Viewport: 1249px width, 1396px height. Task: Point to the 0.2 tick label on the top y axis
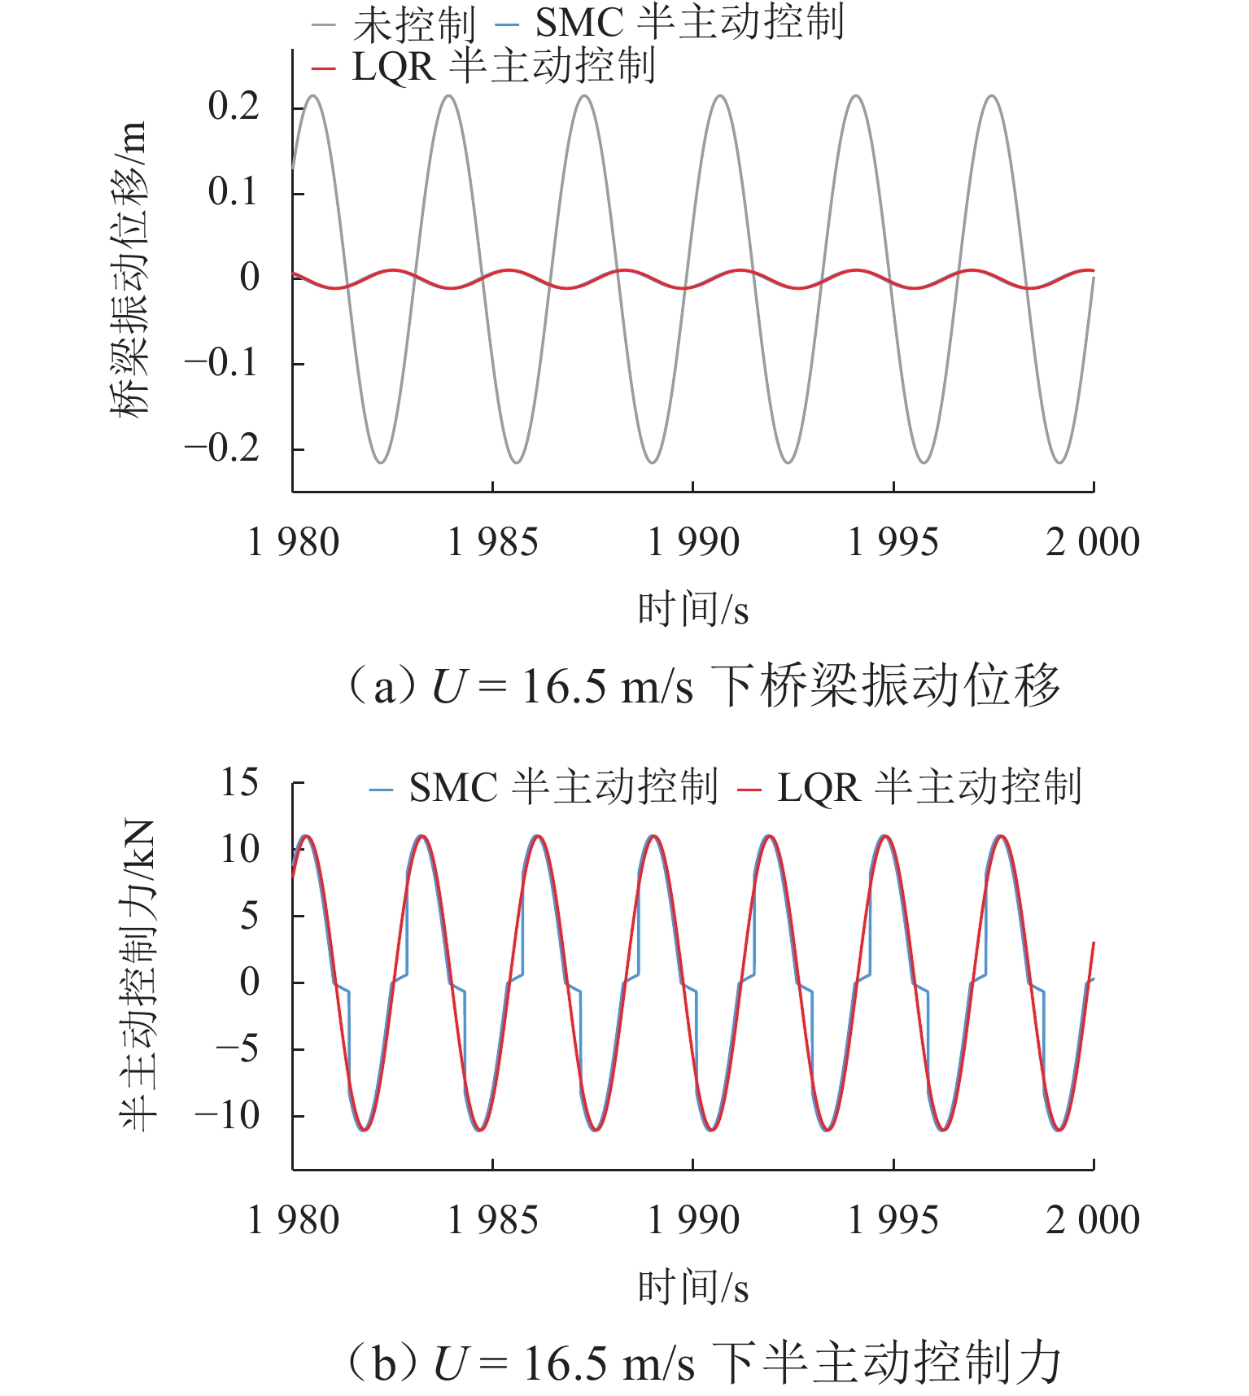tap(233, 107)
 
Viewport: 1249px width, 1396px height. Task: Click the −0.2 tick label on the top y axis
tap(222, 449)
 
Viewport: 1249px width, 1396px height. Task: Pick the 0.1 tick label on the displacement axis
tap(233, 192)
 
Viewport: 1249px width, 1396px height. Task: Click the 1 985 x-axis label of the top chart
tap(492, 543)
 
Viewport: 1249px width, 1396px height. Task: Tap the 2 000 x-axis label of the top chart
tap(1092, 543)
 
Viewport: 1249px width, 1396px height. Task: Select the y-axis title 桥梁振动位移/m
tap(130, 269)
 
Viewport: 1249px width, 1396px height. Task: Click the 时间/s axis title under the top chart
tap(692, 609)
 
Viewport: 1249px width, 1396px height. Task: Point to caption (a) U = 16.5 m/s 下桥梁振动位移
tap(704, 685)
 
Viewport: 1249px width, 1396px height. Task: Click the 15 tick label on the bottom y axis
tap(239, 783)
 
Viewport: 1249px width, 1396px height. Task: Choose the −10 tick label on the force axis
tap(227, 1115)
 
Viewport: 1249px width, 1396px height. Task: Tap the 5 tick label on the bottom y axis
tap(249, 916)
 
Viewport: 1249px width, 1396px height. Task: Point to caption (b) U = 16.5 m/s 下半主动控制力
tap(704, 1363)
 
